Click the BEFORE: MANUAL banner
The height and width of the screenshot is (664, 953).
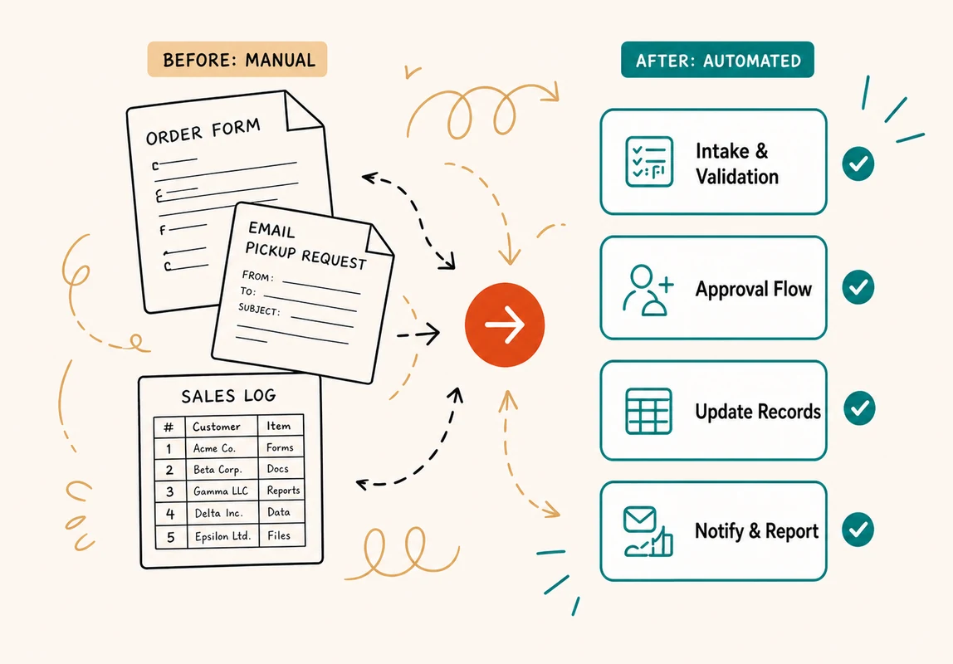point(237,60)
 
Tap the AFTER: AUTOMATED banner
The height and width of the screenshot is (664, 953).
point(717,60)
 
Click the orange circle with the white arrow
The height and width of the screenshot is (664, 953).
point(505,325)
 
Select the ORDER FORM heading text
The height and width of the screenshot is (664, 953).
point(203,131)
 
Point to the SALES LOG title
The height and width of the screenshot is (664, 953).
point(228,396)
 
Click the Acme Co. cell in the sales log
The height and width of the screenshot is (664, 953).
point(214,448)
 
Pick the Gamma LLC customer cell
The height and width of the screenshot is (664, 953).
point(221,491)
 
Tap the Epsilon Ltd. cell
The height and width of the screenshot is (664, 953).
point(222,536)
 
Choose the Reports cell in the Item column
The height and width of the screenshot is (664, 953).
point(283,491)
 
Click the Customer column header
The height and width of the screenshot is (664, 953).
point(217,427)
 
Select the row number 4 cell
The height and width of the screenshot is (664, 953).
point(170,514)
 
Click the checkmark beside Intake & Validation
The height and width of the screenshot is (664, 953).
point(858,164)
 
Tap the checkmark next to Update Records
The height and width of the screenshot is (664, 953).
point(859,408)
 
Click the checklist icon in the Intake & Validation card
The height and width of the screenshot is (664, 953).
point(649,162)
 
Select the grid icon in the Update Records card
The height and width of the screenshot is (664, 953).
point(648,412)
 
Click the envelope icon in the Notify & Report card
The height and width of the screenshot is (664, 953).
point(639,520)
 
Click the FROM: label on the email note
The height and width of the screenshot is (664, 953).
point(257,276)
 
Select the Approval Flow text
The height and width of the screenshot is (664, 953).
point(754,289)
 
